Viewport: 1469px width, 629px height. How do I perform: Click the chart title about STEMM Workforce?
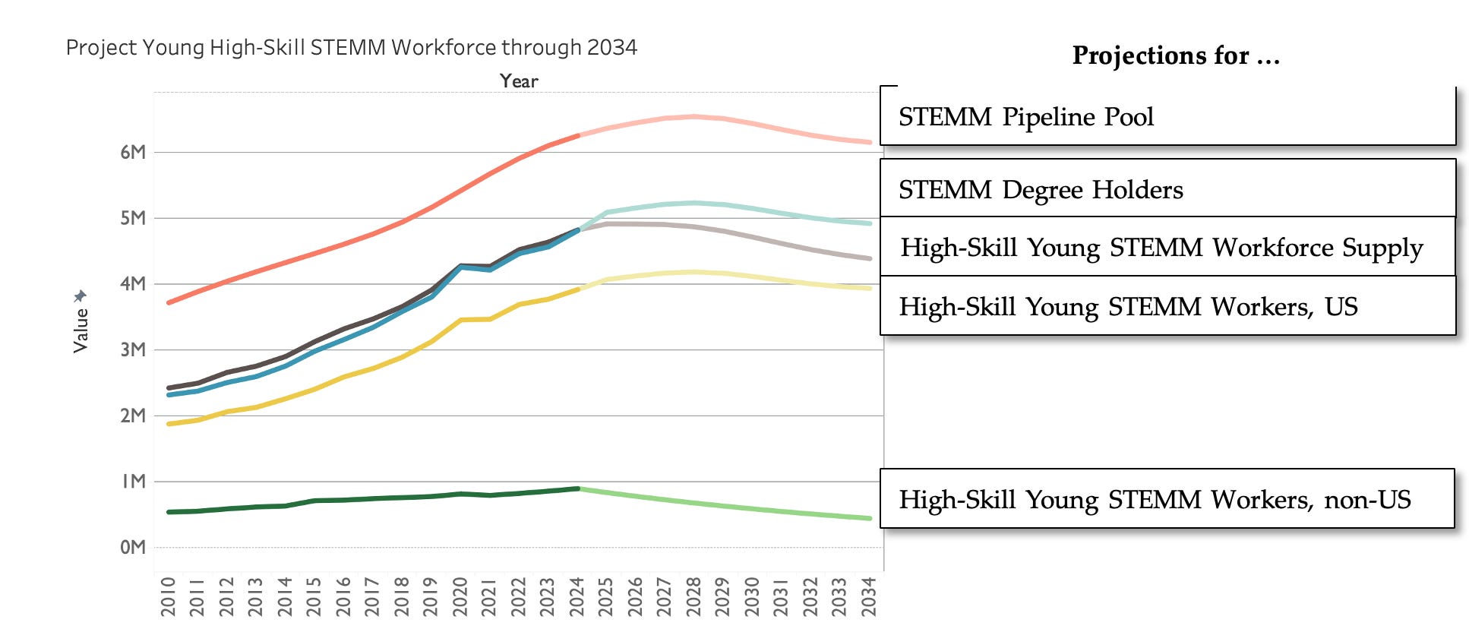click(x=351, y=48)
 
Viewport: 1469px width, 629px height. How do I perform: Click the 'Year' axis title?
click(x=519, y=81)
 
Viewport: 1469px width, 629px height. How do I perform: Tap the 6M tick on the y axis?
click(x=132, y=152)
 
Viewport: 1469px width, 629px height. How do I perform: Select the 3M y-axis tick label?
click(x=132, y=349)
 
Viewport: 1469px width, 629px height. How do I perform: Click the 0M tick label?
click(x=132, y=547)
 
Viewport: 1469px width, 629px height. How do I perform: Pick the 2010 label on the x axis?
click(x=168, y=596)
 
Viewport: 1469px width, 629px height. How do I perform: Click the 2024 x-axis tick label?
click(x=577, y=596)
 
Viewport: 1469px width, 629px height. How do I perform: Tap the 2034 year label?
click(x=869, y=596)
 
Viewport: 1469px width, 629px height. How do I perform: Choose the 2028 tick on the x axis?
click(x=693, y=596)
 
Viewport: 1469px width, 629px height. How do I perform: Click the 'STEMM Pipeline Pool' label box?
click(x=1167, y=115)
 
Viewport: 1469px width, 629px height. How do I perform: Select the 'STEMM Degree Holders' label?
click(x=1167, y=188)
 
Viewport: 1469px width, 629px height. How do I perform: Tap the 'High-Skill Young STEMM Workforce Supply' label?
click(x=1167, y=247)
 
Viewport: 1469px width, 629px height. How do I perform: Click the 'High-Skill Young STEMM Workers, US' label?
click(x=1167, y=305)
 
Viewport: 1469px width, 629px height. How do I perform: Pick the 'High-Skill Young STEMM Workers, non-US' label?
click(x=1167, y=498)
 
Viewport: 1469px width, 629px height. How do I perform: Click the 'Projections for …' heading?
click(x=1176, y=55)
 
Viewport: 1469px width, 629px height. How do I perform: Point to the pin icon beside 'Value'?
click(x=81, y=296)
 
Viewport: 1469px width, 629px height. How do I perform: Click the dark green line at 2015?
click(x=314, y=501)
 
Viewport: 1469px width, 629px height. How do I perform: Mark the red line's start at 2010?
click(x=168, y=302)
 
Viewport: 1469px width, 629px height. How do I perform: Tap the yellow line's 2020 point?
click(x=460, y=320)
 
